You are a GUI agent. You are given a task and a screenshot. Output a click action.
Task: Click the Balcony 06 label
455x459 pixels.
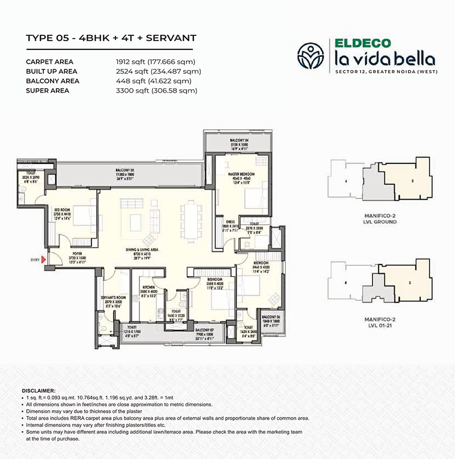(270, 317)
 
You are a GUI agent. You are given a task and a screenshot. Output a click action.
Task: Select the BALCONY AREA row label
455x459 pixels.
(53, 81)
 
